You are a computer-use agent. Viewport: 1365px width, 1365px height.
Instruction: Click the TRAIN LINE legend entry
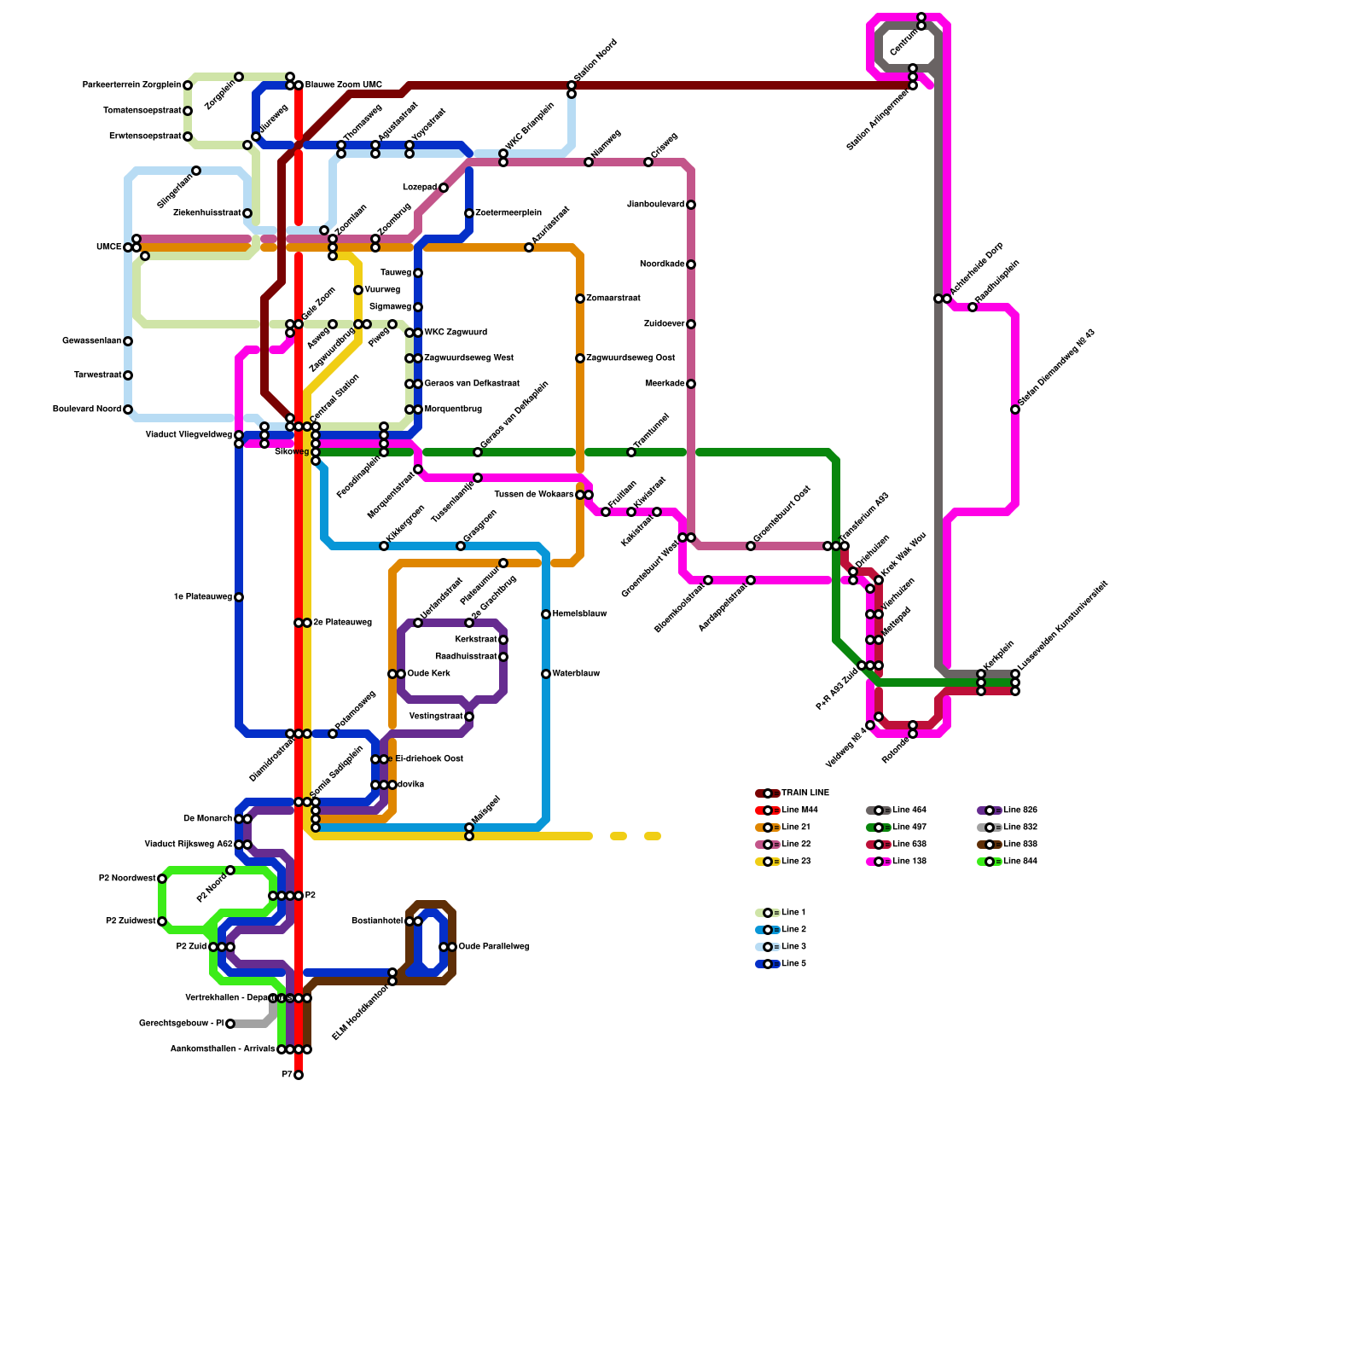[x=804, y=793]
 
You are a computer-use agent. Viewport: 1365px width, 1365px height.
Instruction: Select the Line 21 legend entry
[x=795, y=828]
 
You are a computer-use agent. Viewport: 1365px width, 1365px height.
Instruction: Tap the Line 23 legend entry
[x=795, y=862]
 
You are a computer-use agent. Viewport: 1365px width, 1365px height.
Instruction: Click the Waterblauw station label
[x=576, y=674]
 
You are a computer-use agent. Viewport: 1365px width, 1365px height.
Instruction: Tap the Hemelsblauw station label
[x=579, y=614]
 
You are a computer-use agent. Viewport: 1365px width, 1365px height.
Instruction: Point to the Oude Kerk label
[x=428, y=674]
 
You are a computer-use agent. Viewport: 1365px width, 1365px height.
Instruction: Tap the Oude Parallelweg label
[x=494, y=947]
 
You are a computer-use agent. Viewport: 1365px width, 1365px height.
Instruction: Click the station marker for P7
[x=299, y=1075]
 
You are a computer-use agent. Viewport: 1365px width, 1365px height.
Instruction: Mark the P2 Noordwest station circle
[x=162, y=879]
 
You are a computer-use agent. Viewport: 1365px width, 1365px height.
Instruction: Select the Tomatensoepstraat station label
[x=142, y=111]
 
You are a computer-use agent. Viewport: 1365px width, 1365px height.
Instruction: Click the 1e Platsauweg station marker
[x=239, y=597]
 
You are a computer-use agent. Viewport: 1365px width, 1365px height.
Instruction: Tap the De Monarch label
[x=207, y=819]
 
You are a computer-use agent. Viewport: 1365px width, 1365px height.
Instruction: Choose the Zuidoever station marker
[x=691, y=324]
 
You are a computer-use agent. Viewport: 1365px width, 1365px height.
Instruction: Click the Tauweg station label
[x=396, y=273]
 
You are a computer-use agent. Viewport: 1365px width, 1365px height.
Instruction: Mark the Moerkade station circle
[x=691, y=384]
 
